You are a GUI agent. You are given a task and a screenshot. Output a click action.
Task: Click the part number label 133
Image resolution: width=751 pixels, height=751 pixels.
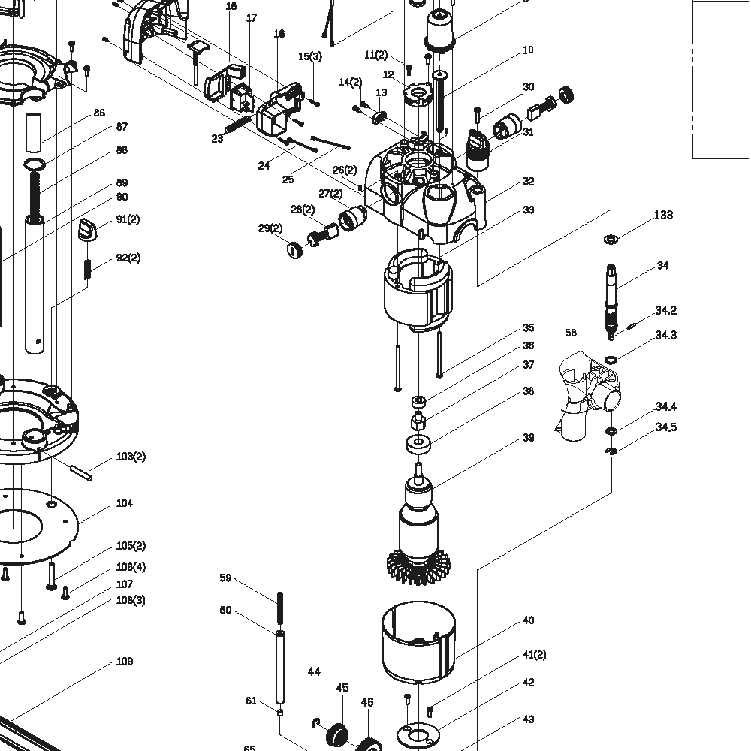click(663, 216)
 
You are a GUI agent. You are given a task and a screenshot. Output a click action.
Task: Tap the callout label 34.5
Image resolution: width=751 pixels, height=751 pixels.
click(665, 427)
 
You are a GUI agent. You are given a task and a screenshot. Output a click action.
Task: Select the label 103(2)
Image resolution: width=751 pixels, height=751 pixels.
click(131, 457)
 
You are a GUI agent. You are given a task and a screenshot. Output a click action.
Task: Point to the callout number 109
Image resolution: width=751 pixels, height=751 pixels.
click(124, 662)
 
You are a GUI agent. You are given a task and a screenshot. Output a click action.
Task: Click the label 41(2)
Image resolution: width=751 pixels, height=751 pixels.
click(534, 655)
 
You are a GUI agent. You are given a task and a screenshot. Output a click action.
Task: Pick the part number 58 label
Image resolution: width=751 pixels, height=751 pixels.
click(571, 333)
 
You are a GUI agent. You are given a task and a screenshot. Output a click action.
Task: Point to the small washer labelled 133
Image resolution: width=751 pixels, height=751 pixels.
click(611, 240)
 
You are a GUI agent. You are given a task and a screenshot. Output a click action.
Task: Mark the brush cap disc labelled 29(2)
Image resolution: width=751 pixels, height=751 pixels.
click(295, 249)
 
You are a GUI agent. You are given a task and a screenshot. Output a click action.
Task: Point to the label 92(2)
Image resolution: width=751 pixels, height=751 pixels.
click(128, 258)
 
